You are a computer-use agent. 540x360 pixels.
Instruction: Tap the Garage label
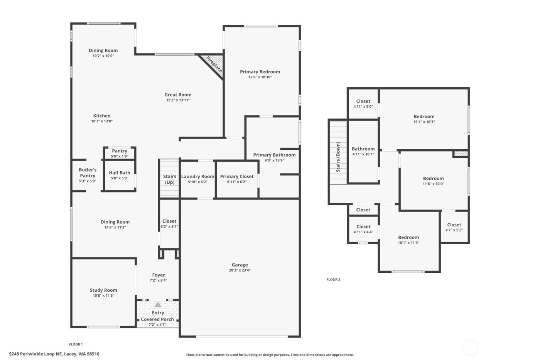pos(240,265)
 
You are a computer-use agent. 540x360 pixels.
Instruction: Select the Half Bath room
pos(120,176)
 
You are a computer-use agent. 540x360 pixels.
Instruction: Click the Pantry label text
pos(120,151)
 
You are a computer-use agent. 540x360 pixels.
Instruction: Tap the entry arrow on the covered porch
pos(158,305)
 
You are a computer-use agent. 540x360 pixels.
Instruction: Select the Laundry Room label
pos(197,176)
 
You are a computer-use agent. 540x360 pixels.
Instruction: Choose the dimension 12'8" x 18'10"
pos(260,77)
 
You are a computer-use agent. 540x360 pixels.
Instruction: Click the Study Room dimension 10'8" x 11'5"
pos(103,296)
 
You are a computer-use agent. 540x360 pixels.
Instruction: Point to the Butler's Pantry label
pos(88,172)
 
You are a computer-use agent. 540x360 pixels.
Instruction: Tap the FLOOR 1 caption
pos(76,344)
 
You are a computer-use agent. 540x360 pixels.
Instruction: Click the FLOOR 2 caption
pos(333,279)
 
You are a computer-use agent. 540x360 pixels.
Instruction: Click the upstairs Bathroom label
pos(363,149)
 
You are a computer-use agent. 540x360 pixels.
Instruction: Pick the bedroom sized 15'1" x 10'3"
pos(424,119)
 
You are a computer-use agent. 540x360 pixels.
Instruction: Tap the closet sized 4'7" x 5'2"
pos(454,227)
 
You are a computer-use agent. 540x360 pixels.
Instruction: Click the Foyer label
pos(158,275)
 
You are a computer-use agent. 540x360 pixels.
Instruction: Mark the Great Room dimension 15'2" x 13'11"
pos(178,100)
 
